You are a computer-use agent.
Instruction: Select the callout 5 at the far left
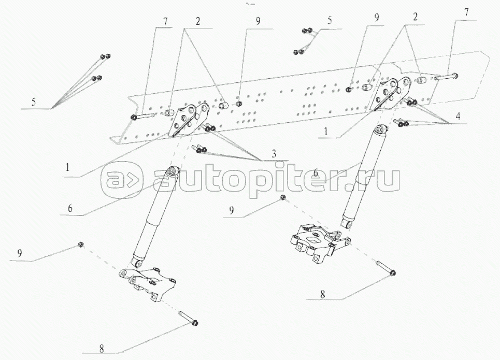33,102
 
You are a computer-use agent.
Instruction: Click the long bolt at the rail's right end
446,77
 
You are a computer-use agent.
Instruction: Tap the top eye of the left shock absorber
173,170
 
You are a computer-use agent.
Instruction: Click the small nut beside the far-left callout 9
81,244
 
